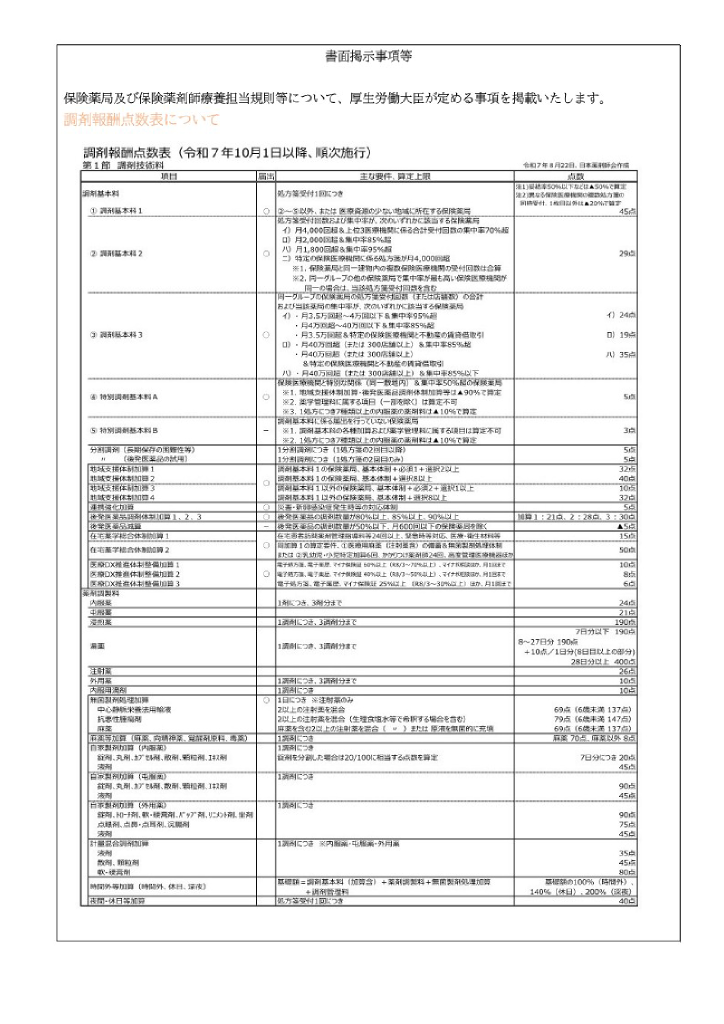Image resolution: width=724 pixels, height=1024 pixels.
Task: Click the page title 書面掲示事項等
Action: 368,56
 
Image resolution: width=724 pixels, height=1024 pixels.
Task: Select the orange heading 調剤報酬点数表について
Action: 141,120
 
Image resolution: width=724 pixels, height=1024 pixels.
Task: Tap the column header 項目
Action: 168,176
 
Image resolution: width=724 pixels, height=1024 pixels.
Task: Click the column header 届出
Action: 265,176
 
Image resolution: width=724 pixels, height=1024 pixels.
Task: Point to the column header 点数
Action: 575,176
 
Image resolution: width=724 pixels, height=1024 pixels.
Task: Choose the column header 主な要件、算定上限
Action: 394,176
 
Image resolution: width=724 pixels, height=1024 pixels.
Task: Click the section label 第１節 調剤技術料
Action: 123,165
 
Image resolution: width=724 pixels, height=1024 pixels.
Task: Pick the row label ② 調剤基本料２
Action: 116,253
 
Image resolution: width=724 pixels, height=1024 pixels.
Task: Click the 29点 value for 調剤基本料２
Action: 627,253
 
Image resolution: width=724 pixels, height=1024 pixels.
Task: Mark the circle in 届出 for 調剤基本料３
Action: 266,335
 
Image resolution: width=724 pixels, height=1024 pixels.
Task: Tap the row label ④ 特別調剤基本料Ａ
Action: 124,397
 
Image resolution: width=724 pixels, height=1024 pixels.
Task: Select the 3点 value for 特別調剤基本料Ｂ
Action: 629,430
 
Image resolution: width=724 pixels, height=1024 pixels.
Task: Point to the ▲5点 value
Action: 626,526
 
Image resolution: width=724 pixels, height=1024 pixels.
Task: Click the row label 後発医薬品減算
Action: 115,526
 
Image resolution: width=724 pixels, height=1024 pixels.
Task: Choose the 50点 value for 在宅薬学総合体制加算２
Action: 627,550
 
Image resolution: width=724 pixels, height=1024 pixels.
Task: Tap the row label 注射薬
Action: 101,671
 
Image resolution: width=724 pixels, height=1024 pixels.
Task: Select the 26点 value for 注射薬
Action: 627,671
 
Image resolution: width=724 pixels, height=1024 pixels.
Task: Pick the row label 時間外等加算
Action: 147,886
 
